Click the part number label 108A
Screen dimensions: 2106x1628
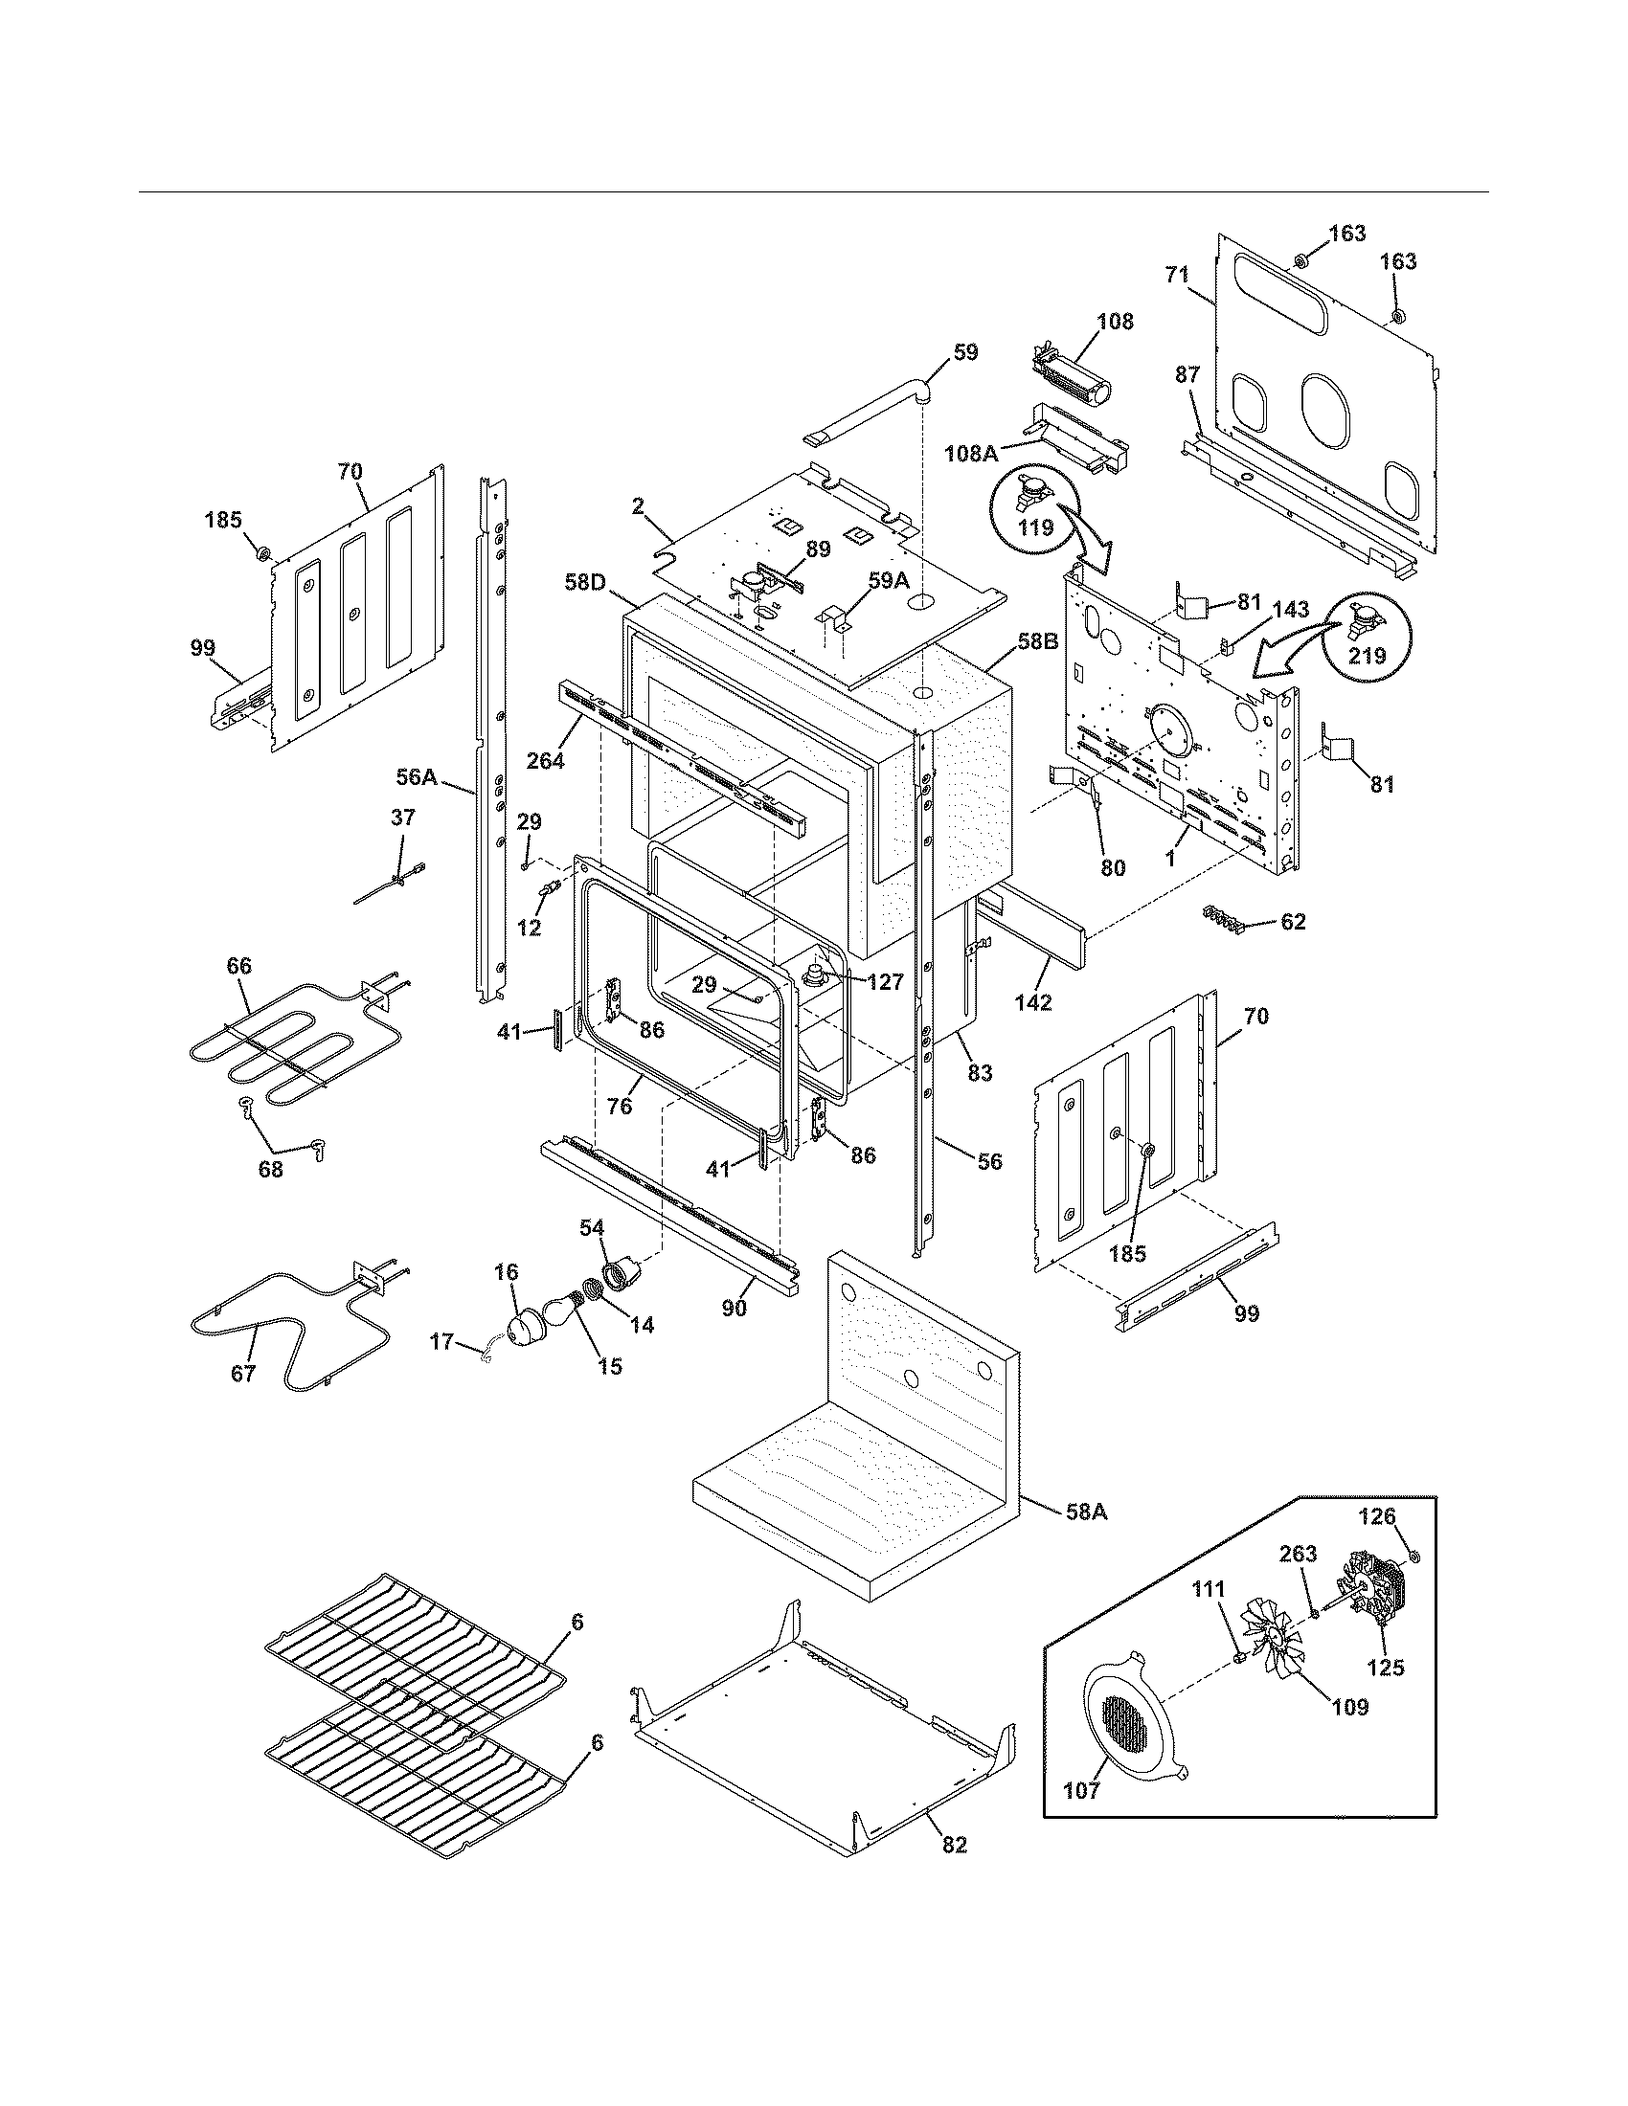(971, 452)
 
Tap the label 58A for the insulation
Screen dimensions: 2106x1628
(1086, 1512)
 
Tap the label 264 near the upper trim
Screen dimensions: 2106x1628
(546, 760)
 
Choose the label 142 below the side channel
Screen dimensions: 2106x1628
(1033, 1002)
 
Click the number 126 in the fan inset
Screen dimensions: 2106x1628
(1376, 1516)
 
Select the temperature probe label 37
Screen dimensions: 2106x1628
(403, 818)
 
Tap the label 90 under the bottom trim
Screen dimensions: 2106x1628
(735, 1309)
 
